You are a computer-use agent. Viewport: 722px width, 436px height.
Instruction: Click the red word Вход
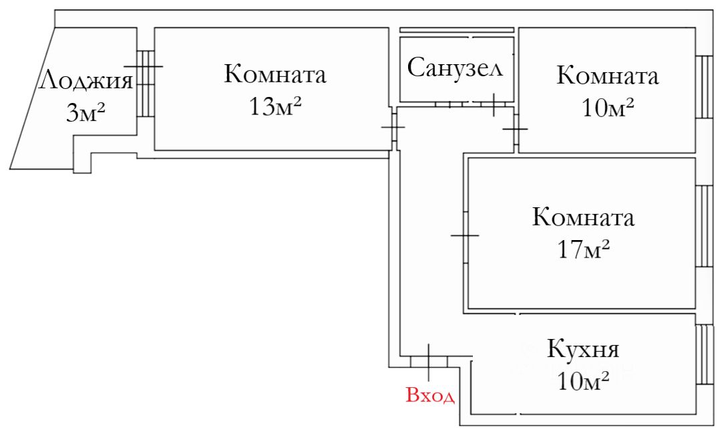click(x=430, y=395)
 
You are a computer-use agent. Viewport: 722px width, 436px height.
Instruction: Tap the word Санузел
click(x=454, y=68)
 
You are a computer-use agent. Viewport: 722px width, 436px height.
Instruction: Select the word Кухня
click(x=583, y=349)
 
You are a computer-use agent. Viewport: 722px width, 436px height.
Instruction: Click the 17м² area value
click(x=583, y=249)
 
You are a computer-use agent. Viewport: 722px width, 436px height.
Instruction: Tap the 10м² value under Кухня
click(x=583, y=382)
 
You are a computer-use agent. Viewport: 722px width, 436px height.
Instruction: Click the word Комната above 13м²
click(x=275, y=74)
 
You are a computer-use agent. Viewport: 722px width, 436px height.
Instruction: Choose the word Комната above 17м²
click(x=583, y=217)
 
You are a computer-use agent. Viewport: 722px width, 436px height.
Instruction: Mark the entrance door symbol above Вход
click(x=428, y=361)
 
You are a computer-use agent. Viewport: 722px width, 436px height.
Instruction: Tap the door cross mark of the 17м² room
click(x=465, y=235)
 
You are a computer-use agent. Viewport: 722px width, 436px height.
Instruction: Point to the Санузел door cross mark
click(x=493, y=104)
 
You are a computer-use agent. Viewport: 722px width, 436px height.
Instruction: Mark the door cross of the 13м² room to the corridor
click(x=394, y=127)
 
